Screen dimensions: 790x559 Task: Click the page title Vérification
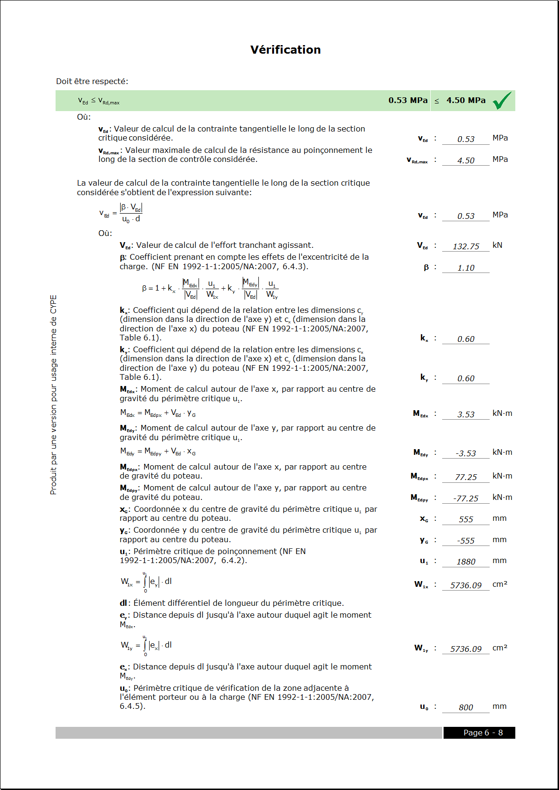[x=285, y=50]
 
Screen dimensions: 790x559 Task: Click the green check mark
[x=502, y=100]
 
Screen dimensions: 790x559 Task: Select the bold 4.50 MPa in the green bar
[x=465, y=100]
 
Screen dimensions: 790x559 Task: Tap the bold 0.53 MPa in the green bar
[x=407, y=100]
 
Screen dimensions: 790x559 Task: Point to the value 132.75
[x=465, y=246]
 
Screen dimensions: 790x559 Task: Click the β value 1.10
[x=465, y=268]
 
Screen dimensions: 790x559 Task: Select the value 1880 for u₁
[x=465, y=562]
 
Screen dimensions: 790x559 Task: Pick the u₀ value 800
[x=465, y=707]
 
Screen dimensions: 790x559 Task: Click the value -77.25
[x=465, y=498]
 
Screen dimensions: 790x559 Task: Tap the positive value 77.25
[x=465, y=477]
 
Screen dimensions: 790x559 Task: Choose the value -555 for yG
[x=465, y=541]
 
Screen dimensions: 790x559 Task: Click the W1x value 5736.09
[x=465, y=585]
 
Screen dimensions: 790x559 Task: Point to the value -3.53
[x=465, y=453]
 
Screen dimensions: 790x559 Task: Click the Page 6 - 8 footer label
[x=483, y=733]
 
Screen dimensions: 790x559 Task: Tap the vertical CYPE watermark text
[x=53, y=395]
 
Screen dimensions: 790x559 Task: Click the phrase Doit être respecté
[x=92, y=81]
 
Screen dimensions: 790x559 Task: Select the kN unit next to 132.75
[x=497, y=245]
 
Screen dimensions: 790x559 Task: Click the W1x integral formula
[x=146, y=582]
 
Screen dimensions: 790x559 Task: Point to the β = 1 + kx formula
[x=209, y=288]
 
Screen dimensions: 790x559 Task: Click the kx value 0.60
[x=465, y=339]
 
